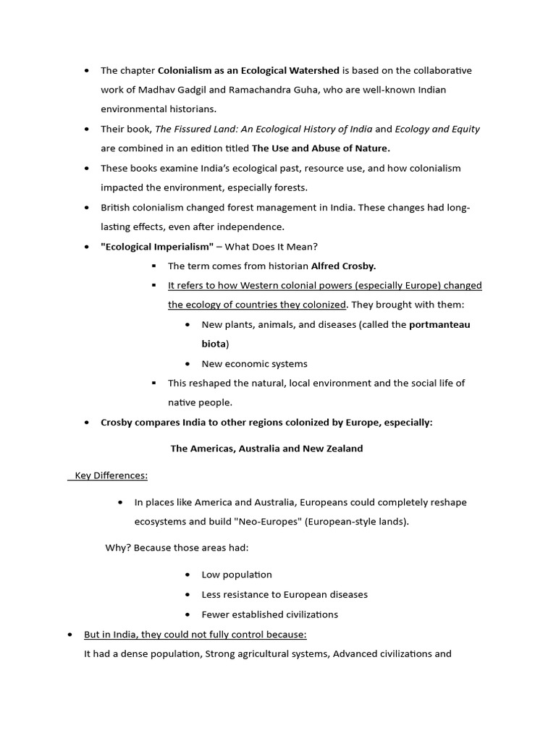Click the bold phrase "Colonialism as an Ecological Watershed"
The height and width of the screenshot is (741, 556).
pos(248,70)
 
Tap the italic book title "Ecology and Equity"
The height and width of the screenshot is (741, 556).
pos(437,129)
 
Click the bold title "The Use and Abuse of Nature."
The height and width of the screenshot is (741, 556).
pos(321,148)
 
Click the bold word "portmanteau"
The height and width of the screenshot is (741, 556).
pos(439,324)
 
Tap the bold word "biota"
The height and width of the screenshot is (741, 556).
pos(214,344)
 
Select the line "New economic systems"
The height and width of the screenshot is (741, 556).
pos(254,364)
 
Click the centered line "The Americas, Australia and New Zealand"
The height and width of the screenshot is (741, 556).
pos(266,449)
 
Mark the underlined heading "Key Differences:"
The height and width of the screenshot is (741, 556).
pos(109,475)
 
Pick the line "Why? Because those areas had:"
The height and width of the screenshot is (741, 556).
pos(177,548)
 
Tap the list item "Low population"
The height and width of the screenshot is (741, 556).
pos(237,575)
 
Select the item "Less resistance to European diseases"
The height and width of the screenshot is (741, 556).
pos(285,594)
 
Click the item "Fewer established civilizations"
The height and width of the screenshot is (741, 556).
pos(269,614)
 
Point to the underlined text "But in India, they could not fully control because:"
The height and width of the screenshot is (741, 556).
pos(195,635)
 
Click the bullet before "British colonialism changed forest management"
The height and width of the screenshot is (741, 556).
pos(87,208)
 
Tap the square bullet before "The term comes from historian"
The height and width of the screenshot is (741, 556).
pos(153,266)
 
